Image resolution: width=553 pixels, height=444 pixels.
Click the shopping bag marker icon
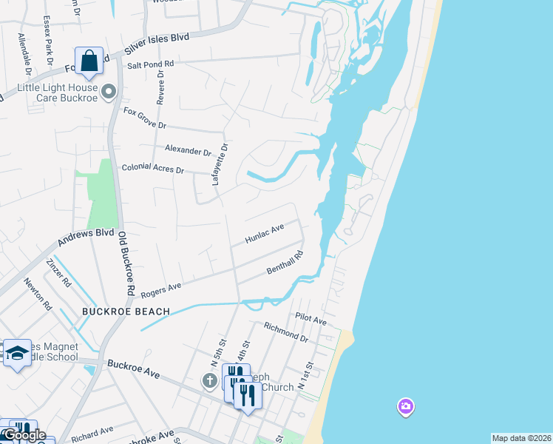pyautogui.click(x=89, y=61)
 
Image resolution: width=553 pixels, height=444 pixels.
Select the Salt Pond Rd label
pyautogui.click(x=150, y=65)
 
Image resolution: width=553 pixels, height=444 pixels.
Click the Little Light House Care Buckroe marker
pyautogui.click(x=109, y=92)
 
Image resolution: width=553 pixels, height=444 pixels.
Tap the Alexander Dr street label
pyautogui.click(x=189, y=149)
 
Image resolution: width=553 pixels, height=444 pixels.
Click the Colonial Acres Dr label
pyautogui.click(x=152, y=169)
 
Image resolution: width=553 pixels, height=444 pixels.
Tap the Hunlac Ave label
pyautogui.click(x=265, y=235)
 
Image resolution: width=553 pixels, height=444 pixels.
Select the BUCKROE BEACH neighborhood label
pyautogui.click(x=126, y=312)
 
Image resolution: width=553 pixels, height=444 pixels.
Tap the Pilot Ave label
pyautogui.click(x=311, y=319)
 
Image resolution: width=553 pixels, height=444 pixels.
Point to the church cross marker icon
pyautogui.click(x=210, y=381)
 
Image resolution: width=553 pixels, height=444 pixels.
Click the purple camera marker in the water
pyautogui.click(x=405, y=406)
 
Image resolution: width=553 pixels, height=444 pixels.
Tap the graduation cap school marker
pyautogui.click(x=16, y=353)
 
